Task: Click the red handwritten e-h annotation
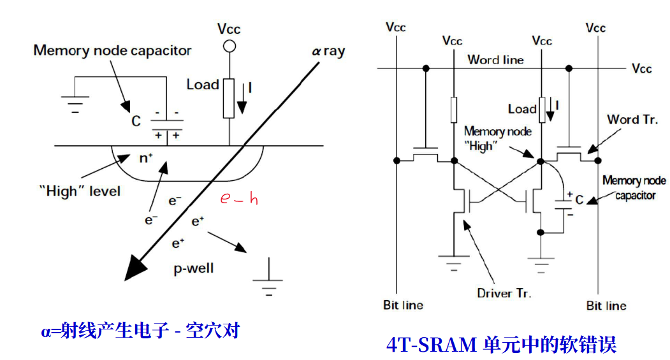click(239, 199)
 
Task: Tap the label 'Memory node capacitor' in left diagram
click(112, 50)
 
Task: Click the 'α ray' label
click(328, 51)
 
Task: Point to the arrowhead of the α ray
click(136, 268)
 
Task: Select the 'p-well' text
click(194, 268)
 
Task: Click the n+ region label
click(146, 158)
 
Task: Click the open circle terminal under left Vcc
click(228, 46)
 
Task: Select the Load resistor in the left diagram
click(228, 98)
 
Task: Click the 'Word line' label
click(495, 60)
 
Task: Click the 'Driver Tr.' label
click(504, 293)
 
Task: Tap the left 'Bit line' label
click(403, 305)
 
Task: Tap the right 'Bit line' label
click(606, 306)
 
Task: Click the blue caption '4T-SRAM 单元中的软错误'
click(501, 345)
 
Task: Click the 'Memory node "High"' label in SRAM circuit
click(497, 138)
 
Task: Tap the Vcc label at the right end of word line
click(642, 68)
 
